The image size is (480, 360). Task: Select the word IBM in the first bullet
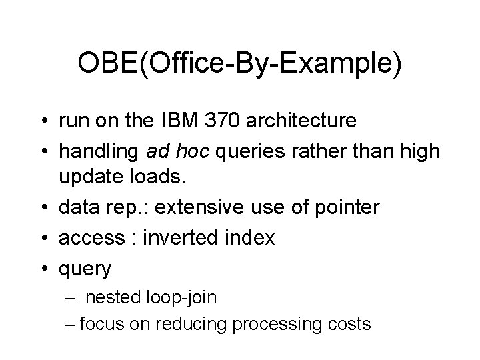pyautogui.click(x=191, y=121)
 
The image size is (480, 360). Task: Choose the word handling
pyautogui.click(x=99, y=151)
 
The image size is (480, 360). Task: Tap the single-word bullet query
pyautogui.click(x=85, y=268)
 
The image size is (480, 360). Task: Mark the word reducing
pyautogui.click(x=190, y=324)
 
